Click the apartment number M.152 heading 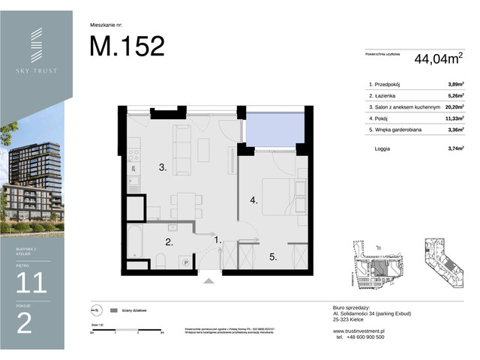click(x=127, y=46)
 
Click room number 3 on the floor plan click(x=162, y=168)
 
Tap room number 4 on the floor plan click(x=254, y=200)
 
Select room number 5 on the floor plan click(x=274, y=256)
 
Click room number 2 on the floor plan click(x=169, y=241)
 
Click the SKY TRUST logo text click(x=37, y=71)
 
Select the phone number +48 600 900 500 click(x=359, y=337)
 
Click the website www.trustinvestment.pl click(x=358, y=331)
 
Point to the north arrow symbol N click(x=96, y=309)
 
